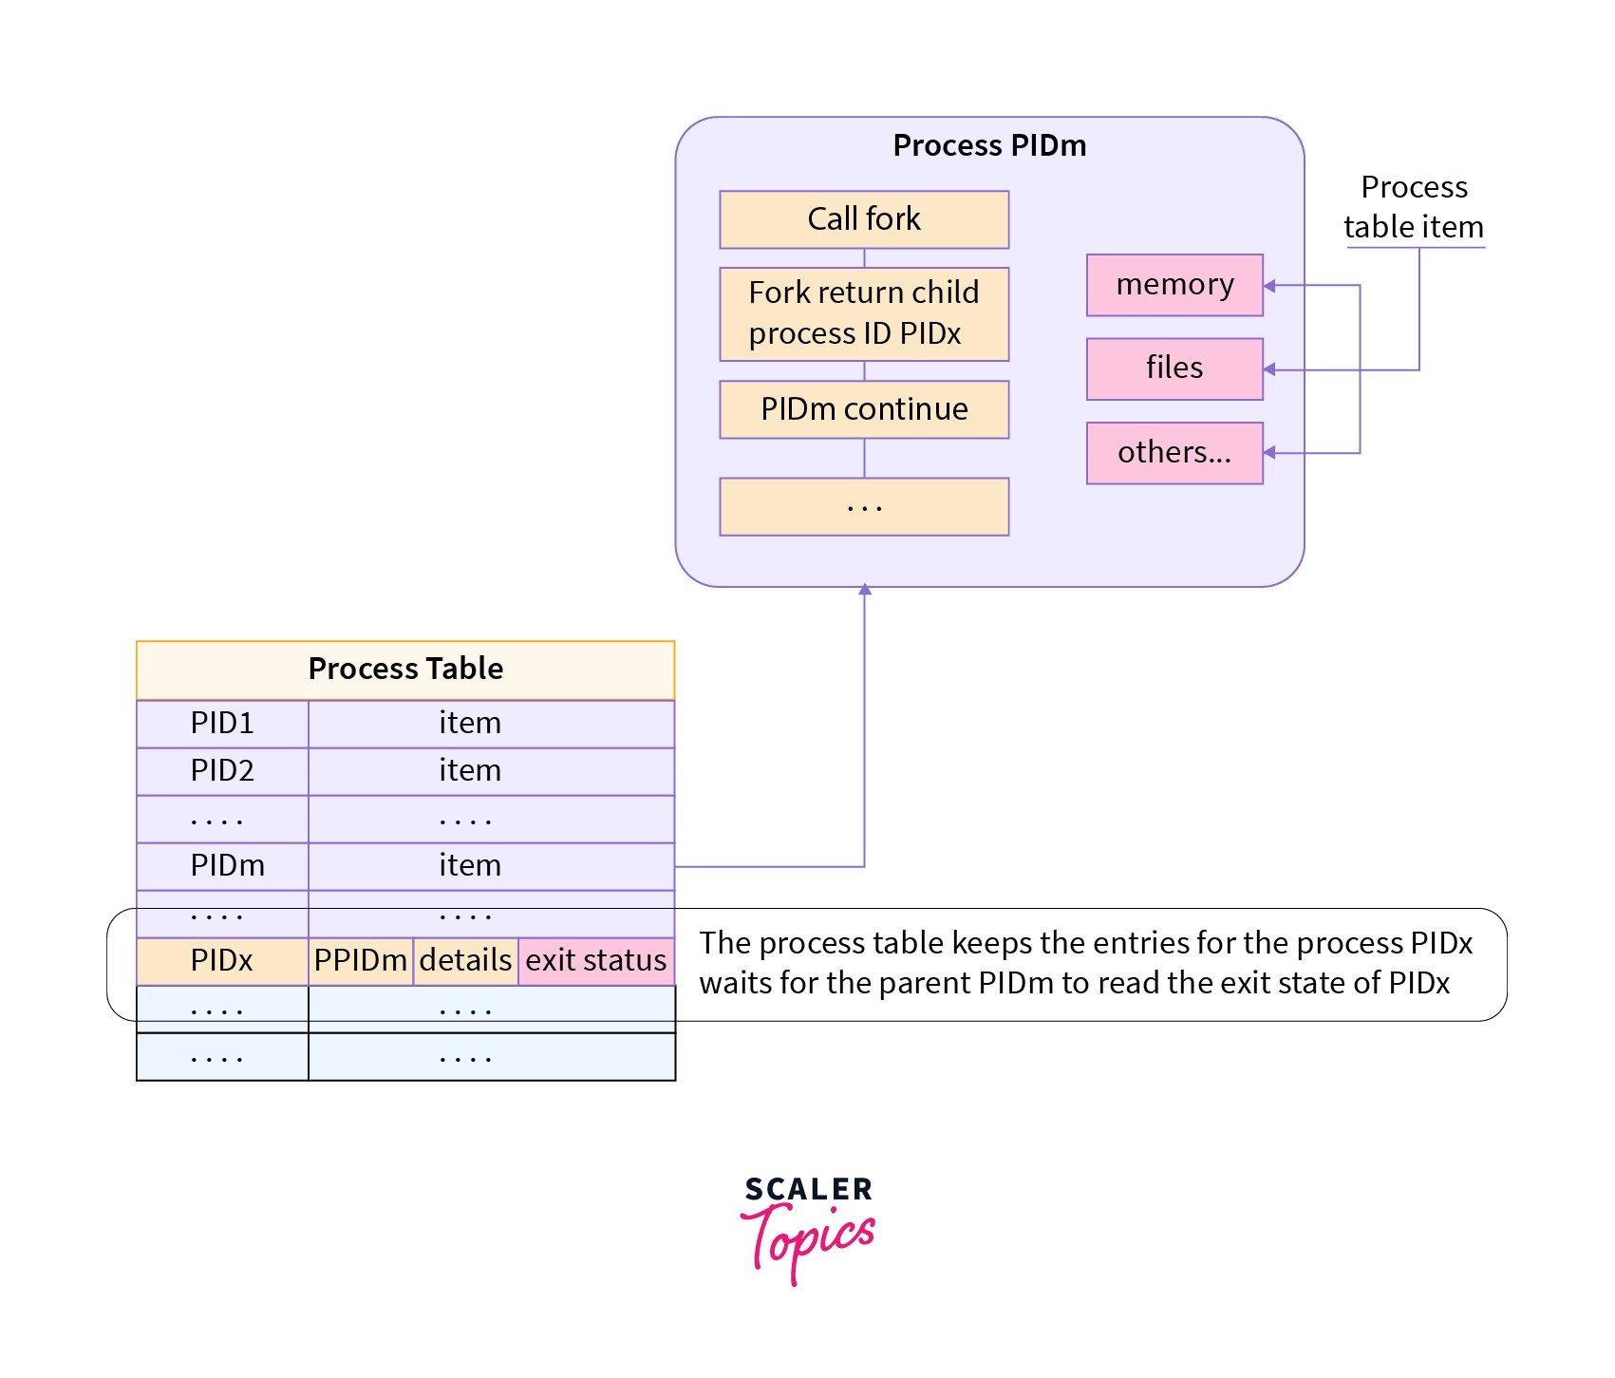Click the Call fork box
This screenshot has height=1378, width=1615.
click(863, 219)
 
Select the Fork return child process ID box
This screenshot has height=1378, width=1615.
click(863, 313)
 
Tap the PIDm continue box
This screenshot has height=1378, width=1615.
click(863, 409)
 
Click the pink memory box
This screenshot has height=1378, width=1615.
click(1174, 285)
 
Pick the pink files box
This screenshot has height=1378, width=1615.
click(1174, 368)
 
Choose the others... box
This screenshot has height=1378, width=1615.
click(1174, 453)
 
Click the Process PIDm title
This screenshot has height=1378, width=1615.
click(989, 145)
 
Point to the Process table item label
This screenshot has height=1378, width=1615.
click(1414, 207)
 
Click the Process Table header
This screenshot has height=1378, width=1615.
click(405, 670)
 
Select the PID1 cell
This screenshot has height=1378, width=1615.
click(222, 724)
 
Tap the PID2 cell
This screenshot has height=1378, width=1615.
click(222, 771)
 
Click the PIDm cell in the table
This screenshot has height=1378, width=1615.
click(227, 866)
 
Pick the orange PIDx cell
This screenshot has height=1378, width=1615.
click(222, 961)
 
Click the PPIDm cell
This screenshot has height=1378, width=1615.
click(361, 961)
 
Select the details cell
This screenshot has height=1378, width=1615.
click(465, 961)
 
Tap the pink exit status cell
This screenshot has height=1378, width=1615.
click(596, 961)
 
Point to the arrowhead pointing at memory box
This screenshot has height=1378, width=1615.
click(1270, 285)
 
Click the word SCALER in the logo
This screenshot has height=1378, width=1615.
click(808, 1189)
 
